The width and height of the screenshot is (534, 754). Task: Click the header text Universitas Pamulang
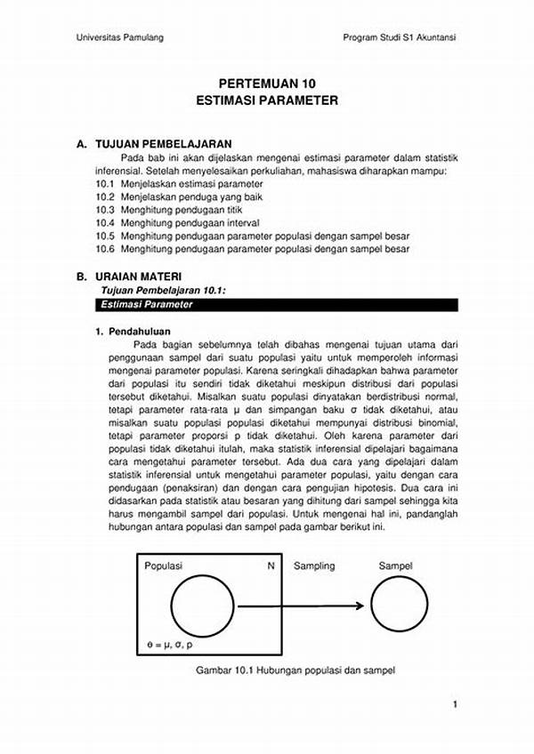coord(119,37)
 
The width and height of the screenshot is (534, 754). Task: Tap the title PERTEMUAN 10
coord(266,83)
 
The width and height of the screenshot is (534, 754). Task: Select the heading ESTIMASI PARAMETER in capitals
coord(266,101)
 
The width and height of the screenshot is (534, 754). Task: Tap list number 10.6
coord(106,250)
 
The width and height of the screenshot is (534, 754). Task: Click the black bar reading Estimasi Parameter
coord(276,304)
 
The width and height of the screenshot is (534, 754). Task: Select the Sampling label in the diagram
coord(314,565)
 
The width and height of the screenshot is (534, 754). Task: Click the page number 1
coord(455,705)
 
